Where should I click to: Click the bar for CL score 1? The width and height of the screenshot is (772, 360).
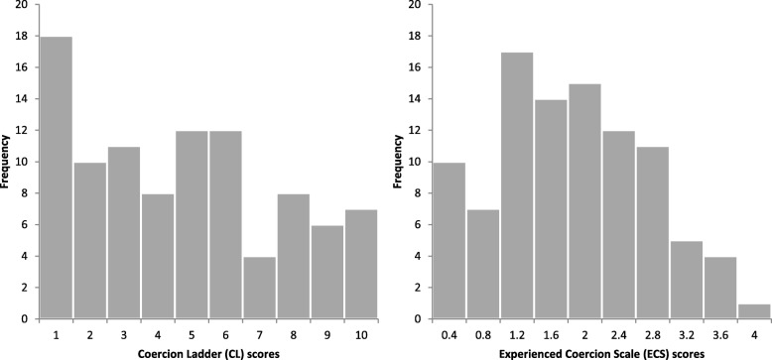pos(57,179)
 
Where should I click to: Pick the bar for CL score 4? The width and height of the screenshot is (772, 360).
pos(157,256)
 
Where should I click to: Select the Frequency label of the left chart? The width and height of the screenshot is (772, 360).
pos(9,163)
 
